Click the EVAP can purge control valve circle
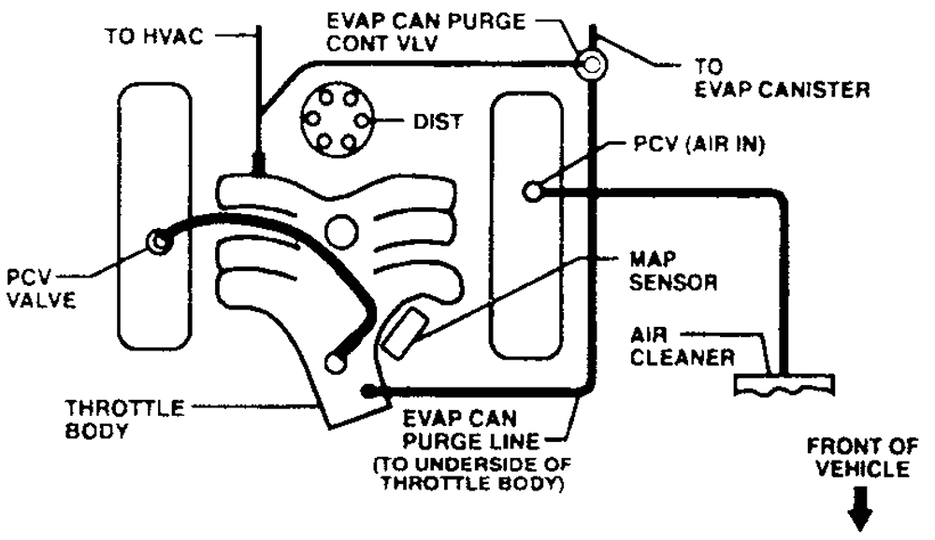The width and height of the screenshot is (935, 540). pyautogui.click(x=591, y=64)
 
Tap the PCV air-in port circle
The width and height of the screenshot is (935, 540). pyautogui.click(x=535, y=192)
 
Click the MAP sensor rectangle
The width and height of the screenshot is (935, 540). pyautogui.click(x=400, y=332)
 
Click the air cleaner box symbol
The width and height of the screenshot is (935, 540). pyautogui.click(x=785, y=386)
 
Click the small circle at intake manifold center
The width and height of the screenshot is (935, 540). pyautogui.click(x=341, y=228)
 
